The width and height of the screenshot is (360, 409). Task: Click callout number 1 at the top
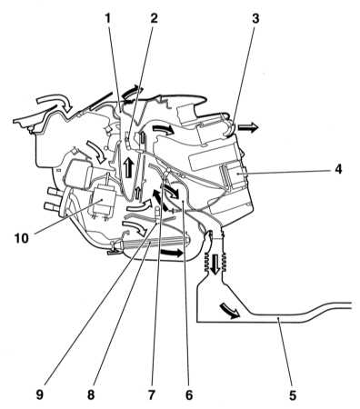pyautogui.click(x=107, y=19)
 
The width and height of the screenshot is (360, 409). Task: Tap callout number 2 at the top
pyautogui.click(x=154, y=19)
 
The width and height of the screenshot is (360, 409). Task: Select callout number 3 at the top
pyautogui.click(x=255, y=19)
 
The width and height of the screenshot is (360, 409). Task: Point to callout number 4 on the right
pyautogui.click(x=338, y=169)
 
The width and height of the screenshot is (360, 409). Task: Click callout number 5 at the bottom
pyautogui.click(x=292, y=395)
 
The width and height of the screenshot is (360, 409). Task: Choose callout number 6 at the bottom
pyautogui.click(x=189, y=395)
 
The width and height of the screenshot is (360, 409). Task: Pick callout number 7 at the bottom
pyautogui.click(x=151, y=395)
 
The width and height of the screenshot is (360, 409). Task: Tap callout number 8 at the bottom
pyautogui.click(x=91, y=395)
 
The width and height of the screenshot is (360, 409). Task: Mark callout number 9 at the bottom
pyautogui.click(x=39, y=395)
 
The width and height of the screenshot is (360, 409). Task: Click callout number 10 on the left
pyautogui.click(x=22, y=238)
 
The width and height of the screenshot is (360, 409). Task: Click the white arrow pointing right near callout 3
pyautogui.click(x=248, y=127)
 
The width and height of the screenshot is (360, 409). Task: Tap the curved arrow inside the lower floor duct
pyautogui.click(x=230, y=311)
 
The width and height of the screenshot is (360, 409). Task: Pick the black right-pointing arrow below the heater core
pyautogui.click(x=172, y=253)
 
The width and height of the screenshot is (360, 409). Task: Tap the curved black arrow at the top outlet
pyautogui.click(x=132, y=92)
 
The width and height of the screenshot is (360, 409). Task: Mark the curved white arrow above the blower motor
pyautogui.click(x=96, y=151)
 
